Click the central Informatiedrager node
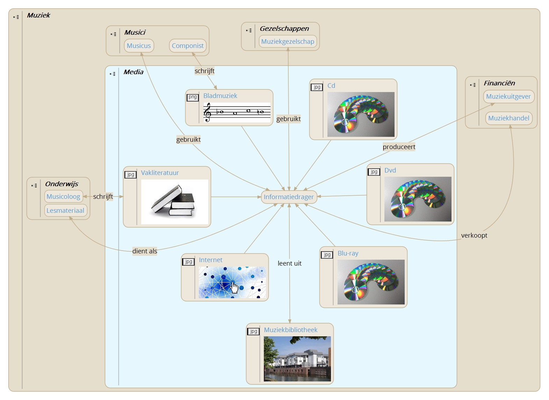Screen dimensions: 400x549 [289, 197]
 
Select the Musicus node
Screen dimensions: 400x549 [139, 46]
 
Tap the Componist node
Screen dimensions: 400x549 [188, 46]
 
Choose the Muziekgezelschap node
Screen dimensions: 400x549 [288, 42]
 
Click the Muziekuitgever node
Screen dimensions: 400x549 [508, 97]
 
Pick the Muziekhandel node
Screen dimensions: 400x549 [508, 118]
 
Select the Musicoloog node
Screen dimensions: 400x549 [63, 197]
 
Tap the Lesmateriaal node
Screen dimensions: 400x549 [65, 211]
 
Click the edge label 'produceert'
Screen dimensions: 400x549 [399, 147]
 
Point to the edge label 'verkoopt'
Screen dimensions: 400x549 [474, 236]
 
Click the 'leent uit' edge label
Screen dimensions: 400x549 [289, 264]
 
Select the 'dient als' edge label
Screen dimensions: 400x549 [145, 251]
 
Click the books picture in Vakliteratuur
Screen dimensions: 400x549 [174, 202]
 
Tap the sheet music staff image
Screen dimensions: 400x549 [237, 112]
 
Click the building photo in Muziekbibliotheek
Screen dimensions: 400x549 [297, 359]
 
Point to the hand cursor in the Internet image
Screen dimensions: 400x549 [234, 288]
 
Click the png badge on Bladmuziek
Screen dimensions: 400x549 [193, 97]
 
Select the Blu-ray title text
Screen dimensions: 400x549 [348, 253]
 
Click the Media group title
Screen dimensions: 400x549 [133, 72]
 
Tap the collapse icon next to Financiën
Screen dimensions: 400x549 [473, 85]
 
